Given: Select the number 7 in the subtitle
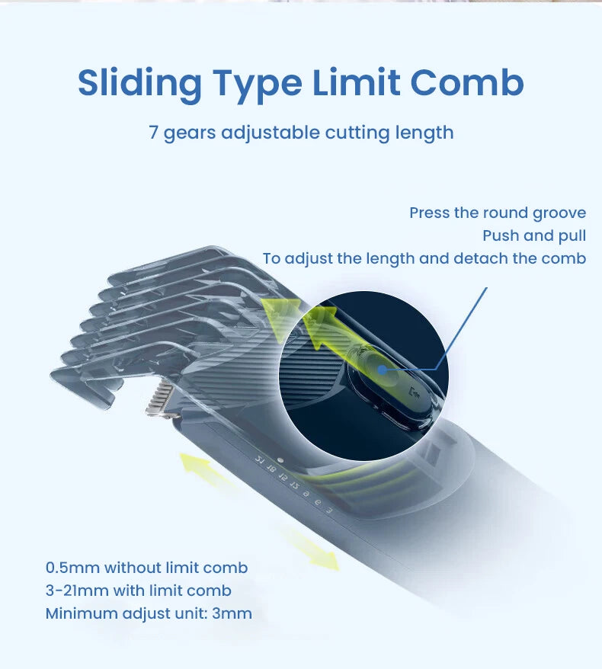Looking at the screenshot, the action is tap(154, 133).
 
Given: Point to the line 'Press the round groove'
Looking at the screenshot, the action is tap(498, 213).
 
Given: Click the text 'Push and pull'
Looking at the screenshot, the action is tap(534, 235).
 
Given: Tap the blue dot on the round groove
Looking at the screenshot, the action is tap(383, 370).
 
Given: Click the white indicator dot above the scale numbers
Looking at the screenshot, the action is tap(280, 460).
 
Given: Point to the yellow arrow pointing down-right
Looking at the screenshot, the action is tap(309, 549).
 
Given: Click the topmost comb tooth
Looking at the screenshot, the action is tap(171, 261).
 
